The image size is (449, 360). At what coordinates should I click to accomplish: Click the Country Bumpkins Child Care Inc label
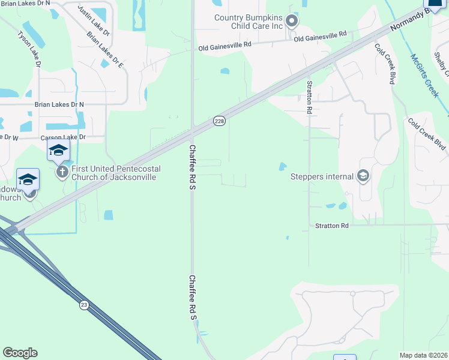249,22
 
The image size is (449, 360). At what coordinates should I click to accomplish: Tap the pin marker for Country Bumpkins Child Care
292,22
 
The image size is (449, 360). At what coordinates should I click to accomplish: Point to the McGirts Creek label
425,76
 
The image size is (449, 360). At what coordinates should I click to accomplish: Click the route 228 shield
220,121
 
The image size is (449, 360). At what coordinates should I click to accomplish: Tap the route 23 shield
84,305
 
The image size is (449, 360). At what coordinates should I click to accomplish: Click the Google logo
20,353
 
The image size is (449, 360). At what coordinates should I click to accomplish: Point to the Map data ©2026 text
424,355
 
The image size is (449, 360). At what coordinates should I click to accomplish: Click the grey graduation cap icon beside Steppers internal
363,176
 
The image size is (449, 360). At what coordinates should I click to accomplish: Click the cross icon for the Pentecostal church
61,173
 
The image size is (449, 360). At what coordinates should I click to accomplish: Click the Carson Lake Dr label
63,137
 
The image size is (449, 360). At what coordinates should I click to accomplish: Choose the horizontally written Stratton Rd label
332,226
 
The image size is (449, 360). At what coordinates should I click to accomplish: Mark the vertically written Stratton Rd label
310,97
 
